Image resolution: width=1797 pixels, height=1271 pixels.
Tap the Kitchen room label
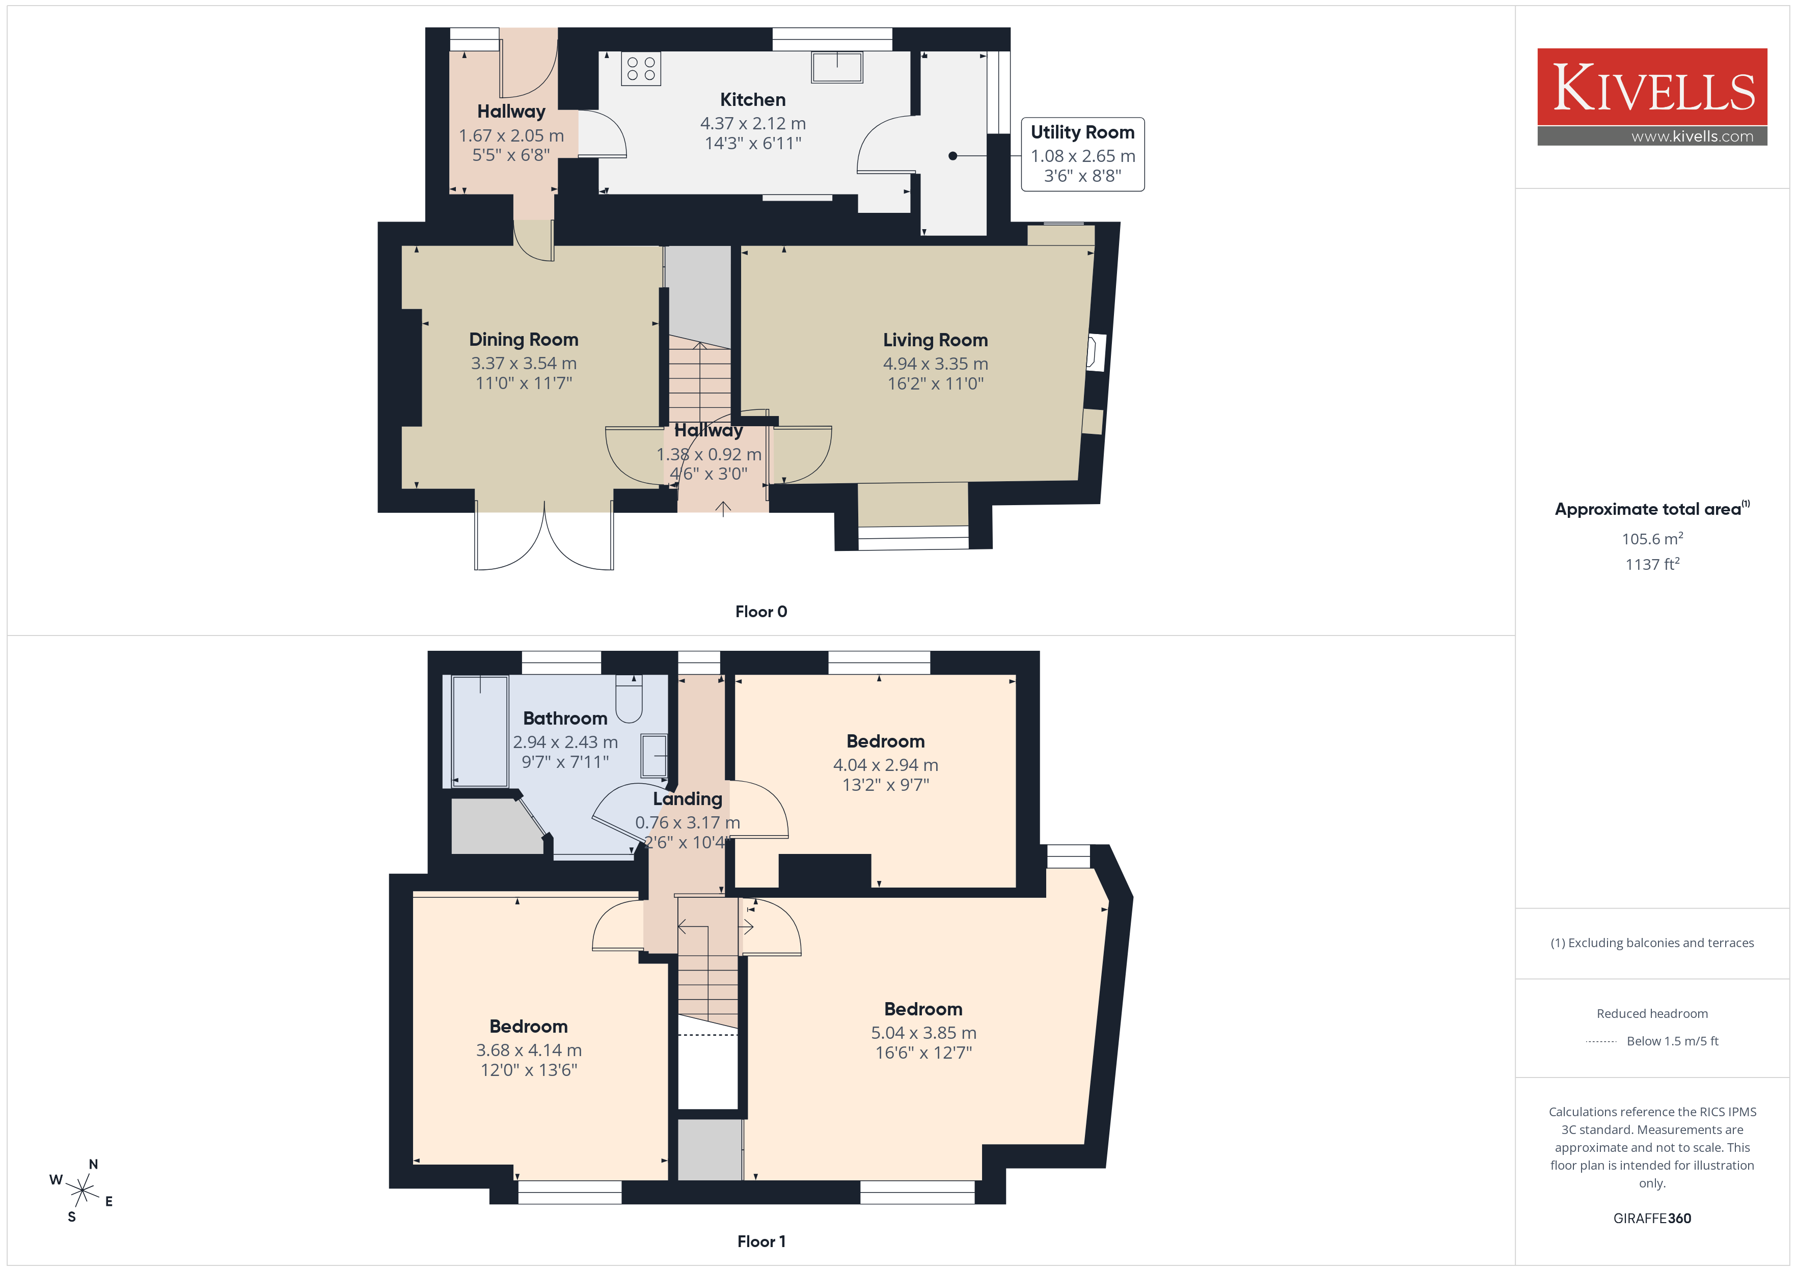(x=752, y=99)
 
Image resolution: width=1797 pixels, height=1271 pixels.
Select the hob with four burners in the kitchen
(x=641, y=68)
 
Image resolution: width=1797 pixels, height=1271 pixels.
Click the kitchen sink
(x=837, y=67)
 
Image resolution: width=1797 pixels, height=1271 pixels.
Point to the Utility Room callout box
(x=1082, y=154)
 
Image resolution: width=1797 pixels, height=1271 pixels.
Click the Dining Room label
(x=524, y=340)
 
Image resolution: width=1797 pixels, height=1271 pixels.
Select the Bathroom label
(x=565, y=719)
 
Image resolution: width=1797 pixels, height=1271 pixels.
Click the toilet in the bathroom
(x=629, y=699)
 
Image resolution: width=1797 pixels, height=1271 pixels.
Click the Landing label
(x=687, y=799)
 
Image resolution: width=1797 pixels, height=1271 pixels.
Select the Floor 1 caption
(x=761, y=1241)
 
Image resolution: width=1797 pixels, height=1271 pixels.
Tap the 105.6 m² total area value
(x=1652, y=538)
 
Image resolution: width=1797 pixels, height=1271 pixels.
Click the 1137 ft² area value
(x=1652, y=564)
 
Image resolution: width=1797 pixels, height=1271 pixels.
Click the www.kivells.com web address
(x=1692, y=136)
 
